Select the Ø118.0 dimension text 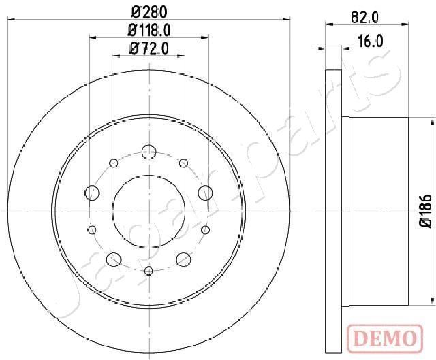[x=149, y=29]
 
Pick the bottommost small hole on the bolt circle [x=149, y=272]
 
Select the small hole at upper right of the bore [x=183, y=163]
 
